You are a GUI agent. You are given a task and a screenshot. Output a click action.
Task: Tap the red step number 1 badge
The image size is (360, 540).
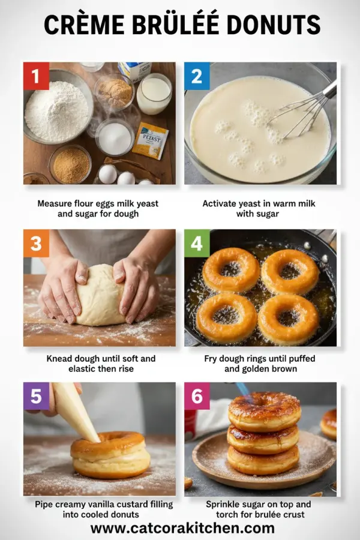(36, 76)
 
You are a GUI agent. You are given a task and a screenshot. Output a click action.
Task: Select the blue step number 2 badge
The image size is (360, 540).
(197, 76)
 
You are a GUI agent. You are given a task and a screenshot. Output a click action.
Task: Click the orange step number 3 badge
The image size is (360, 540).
(36, 243)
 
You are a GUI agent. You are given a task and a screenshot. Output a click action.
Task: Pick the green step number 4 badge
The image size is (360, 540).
(197, 243)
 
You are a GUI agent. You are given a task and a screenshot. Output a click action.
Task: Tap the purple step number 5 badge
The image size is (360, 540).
(36, 397)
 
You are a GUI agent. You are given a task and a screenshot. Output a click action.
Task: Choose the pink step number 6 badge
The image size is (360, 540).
(197, 397)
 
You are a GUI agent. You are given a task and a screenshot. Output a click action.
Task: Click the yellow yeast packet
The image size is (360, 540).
(150, 140)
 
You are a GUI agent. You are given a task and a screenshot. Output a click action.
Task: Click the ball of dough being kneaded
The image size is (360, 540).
(100, 297)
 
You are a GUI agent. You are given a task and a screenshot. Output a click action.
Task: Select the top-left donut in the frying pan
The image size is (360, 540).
(231, 269)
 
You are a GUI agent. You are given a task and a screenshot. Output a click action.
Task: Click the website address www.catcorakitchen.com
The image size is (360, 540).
(182, 528)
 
